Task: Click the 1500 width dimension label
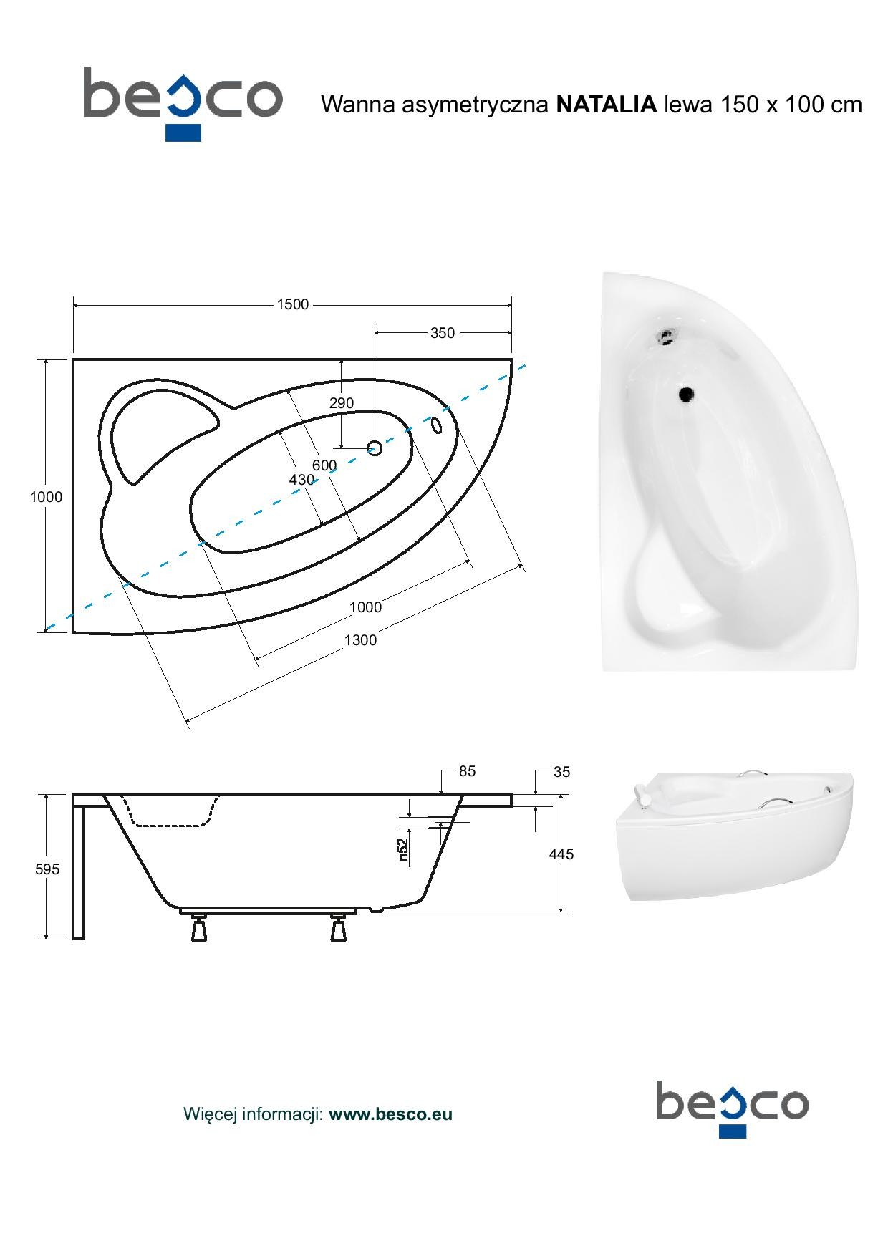point(292,305)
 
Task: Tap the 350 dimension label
point(443,333)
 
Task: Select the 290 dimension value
point(342,403)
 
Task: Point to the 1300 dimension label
point(360,640)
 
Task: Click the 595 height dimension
point(47,869)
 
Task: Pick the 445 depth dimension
point(561,854)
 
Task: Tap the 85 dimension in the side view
point(468,772)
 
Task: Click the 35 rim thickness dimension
point(562,772)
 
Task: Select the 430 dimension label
point(301,480)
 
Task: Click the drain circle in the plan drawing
point(375,448)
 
